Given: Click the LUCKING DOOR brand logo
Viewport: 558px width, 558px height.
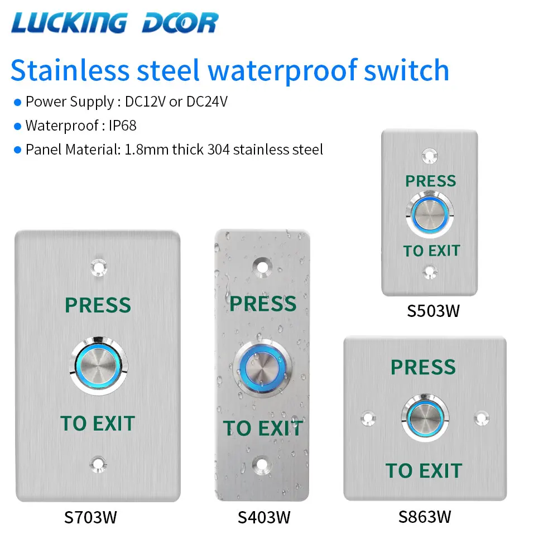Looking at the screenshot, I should [x=114, y=23].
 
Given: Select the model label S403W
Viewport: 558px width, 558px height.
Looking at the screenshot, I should [x=263, y=517].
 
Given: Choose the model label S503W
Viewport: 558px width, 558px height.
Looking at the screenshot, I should [x=433, y=310].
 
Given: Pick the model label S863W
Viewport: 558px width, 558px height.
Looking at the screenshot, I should [x=424, y=517].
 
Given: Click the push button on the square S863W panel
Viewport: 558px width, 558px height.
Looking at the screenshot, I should [x=425, y=417].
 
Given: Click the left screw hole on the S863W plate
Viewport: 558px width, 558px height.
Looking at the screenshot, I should [x=368, y=417].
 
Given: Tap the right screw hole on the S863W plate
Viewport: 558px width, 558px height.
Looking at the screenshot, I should [x=481, y=417].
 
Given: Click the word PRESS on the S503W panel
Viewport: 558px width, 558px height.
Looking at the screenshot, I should [x=430, y=181].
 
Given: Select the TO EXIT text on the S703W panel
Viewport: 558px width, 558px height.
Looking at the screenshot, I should [x=98, y=424].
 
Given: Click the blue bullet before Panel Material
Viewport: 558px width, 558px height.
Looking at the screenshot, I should [x=17, y=150].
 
